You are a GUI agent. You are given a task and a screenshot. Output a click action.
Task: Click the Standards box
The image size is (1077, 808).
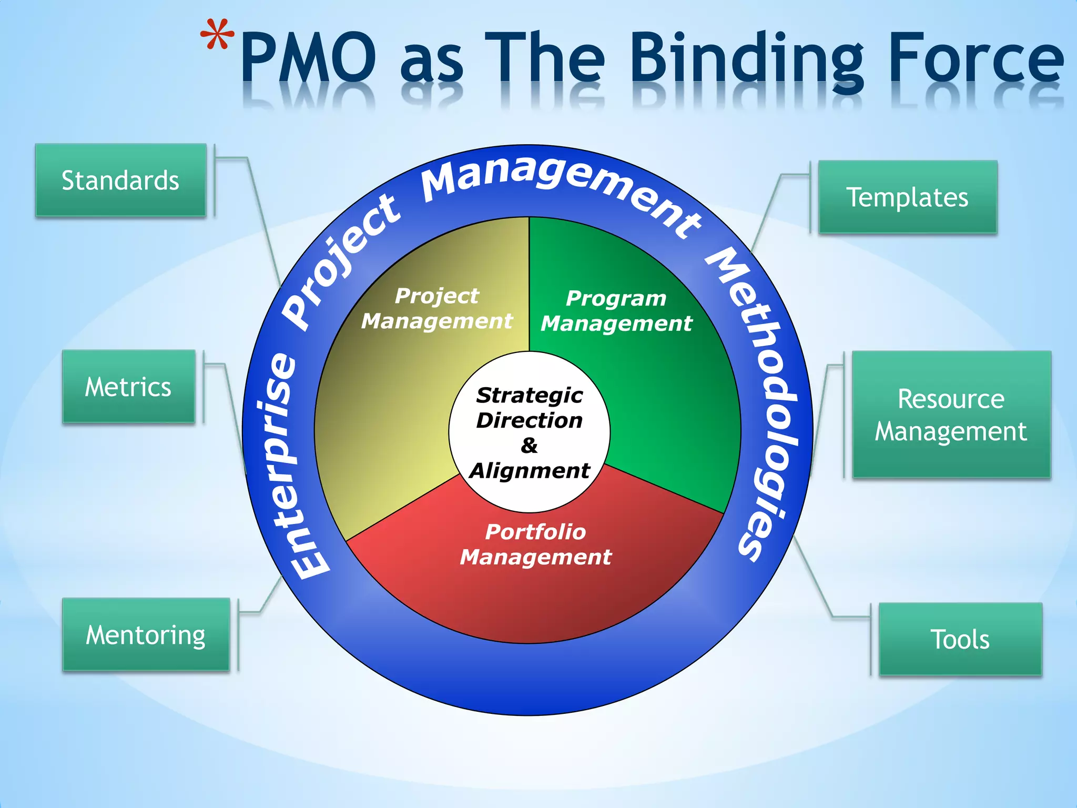120,180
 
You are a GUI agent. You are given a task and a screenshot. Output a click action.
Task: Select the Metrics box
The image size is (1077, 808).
128,387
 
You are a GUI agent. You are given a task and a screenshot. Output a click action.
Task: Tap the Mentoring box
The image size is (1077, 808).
146,634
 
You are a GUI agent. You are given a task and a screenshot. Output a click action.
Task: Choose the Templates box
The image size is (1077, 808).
907,197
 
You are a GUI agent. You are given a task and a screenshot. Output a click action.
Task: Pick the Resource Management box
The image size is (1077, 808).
951,415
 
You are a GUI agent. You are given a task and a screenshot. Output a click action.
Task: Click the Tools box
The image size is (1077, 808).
960,639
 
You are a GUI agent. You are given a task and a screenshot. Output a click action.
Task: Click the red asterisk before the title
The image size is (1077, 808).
217,36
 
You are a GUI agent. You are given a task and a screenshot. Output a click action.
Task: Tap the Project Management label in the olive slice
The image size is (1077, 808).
436,308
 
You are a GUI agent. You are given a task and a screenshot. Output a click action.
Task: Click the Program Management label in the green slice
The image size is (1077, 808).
616,310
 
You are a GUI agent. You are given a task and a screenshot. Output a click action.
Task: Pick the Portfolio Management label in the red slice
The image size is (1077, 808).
535,544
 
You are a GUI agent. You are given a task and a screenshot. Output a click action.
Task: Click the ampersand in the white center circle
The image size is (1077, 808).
529,446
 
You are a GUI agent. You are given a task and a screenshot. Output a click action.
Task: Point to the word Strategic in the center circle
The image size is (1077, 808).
529,395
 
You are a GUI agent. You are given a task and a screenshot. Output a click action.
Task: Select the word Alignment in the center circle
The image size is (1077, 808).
530,470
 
